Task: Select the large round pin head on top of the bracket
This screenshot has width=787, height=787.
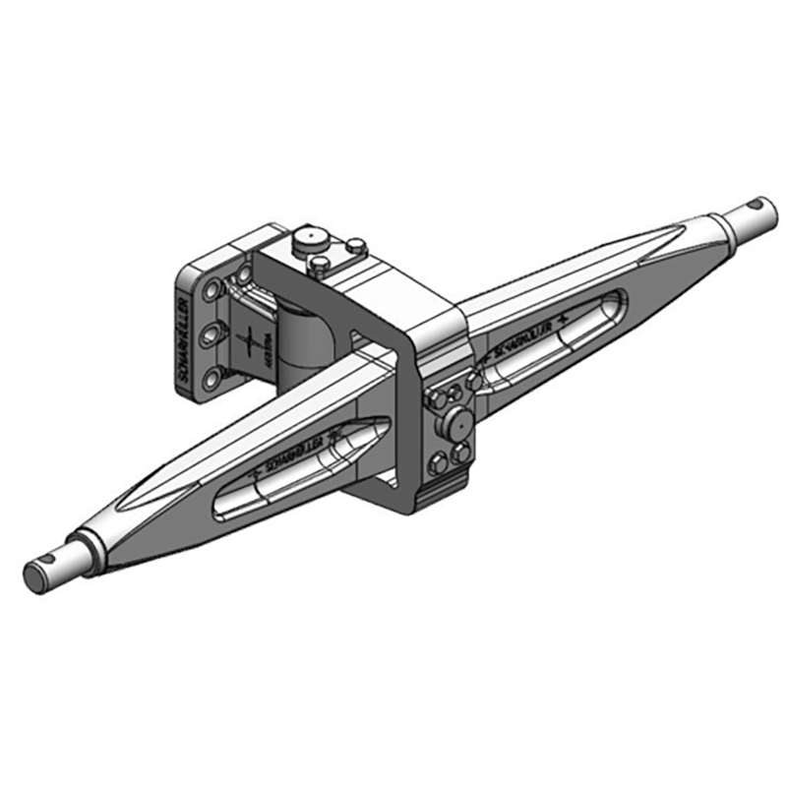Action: [x=310, y=240]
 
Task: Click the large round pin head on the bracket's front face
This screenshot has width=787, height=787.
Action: [x=456, y=425]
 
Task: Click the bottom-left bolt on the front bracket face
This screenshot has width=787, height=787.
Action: [x=436, y=464]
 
